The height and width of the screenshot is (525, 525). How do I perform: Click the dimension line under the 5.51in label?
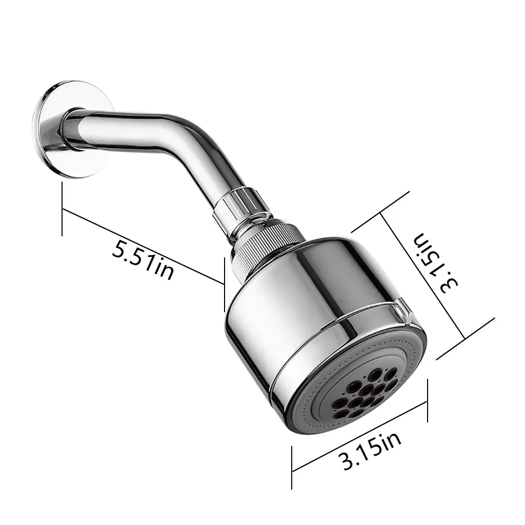[143, 247]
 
